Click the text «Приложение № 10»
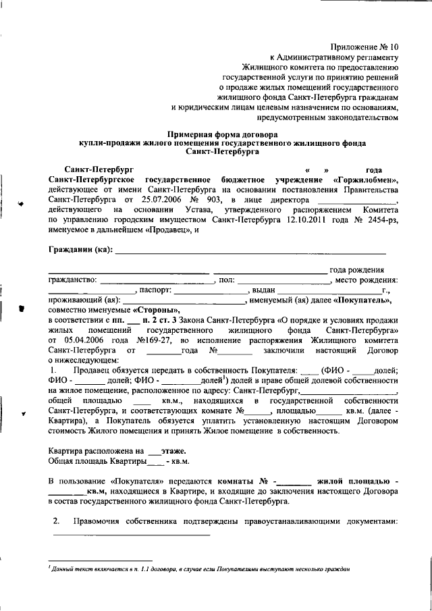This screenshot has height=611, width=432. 364,47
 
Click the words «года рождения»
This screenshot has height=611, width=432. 357,270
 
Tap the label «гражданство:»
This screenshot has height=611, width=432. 74,280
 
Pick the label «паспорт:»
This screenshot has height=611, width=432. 157,290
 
